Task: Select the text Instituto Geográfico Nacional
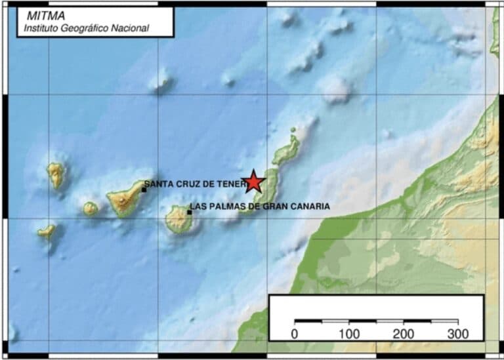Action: pyautogui.click(x=87, y=28)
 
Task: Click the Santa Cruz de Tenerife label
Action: pyautogui.click(x=195, y=184)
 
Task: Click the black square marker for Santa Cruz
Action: pyautogui.click(x=144, y=190)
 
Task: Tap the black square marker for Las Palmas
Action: pyautogui.click(x=190, y=212)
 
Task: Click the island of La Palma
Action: pyautogui.click(x=56, y=174)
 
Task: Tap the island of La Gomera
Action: pyautogui.click(x=91, y=209)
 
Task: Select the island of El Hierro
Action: pyautogui.click(x=47, y=230)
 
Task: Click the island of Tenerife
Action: pyautogui.click(x=125, y=198)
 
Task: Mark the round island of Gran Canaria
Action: pyautogui.click(x=178, y=220)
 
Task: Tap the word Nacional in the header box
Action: pyautogui.click(x=131, y=28)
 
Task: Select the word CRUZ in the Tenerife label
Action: pyautogui.click(x=184, y=184)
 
